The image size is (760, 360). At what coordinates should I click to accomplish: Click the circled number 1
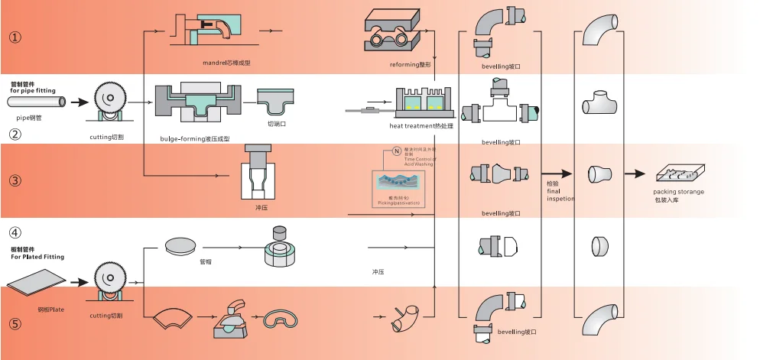15,36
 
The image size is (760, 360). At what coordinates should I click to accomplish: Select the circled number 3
15,181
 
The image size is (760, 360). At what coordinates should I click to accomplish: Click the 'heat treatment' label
421,125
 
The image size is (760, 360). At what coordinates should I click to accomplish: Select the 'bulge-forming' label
195,138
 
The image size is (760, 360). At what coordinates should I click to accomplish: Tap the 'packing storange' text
678,191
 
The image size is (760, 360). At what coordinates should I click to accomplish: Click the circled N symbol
396,151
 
